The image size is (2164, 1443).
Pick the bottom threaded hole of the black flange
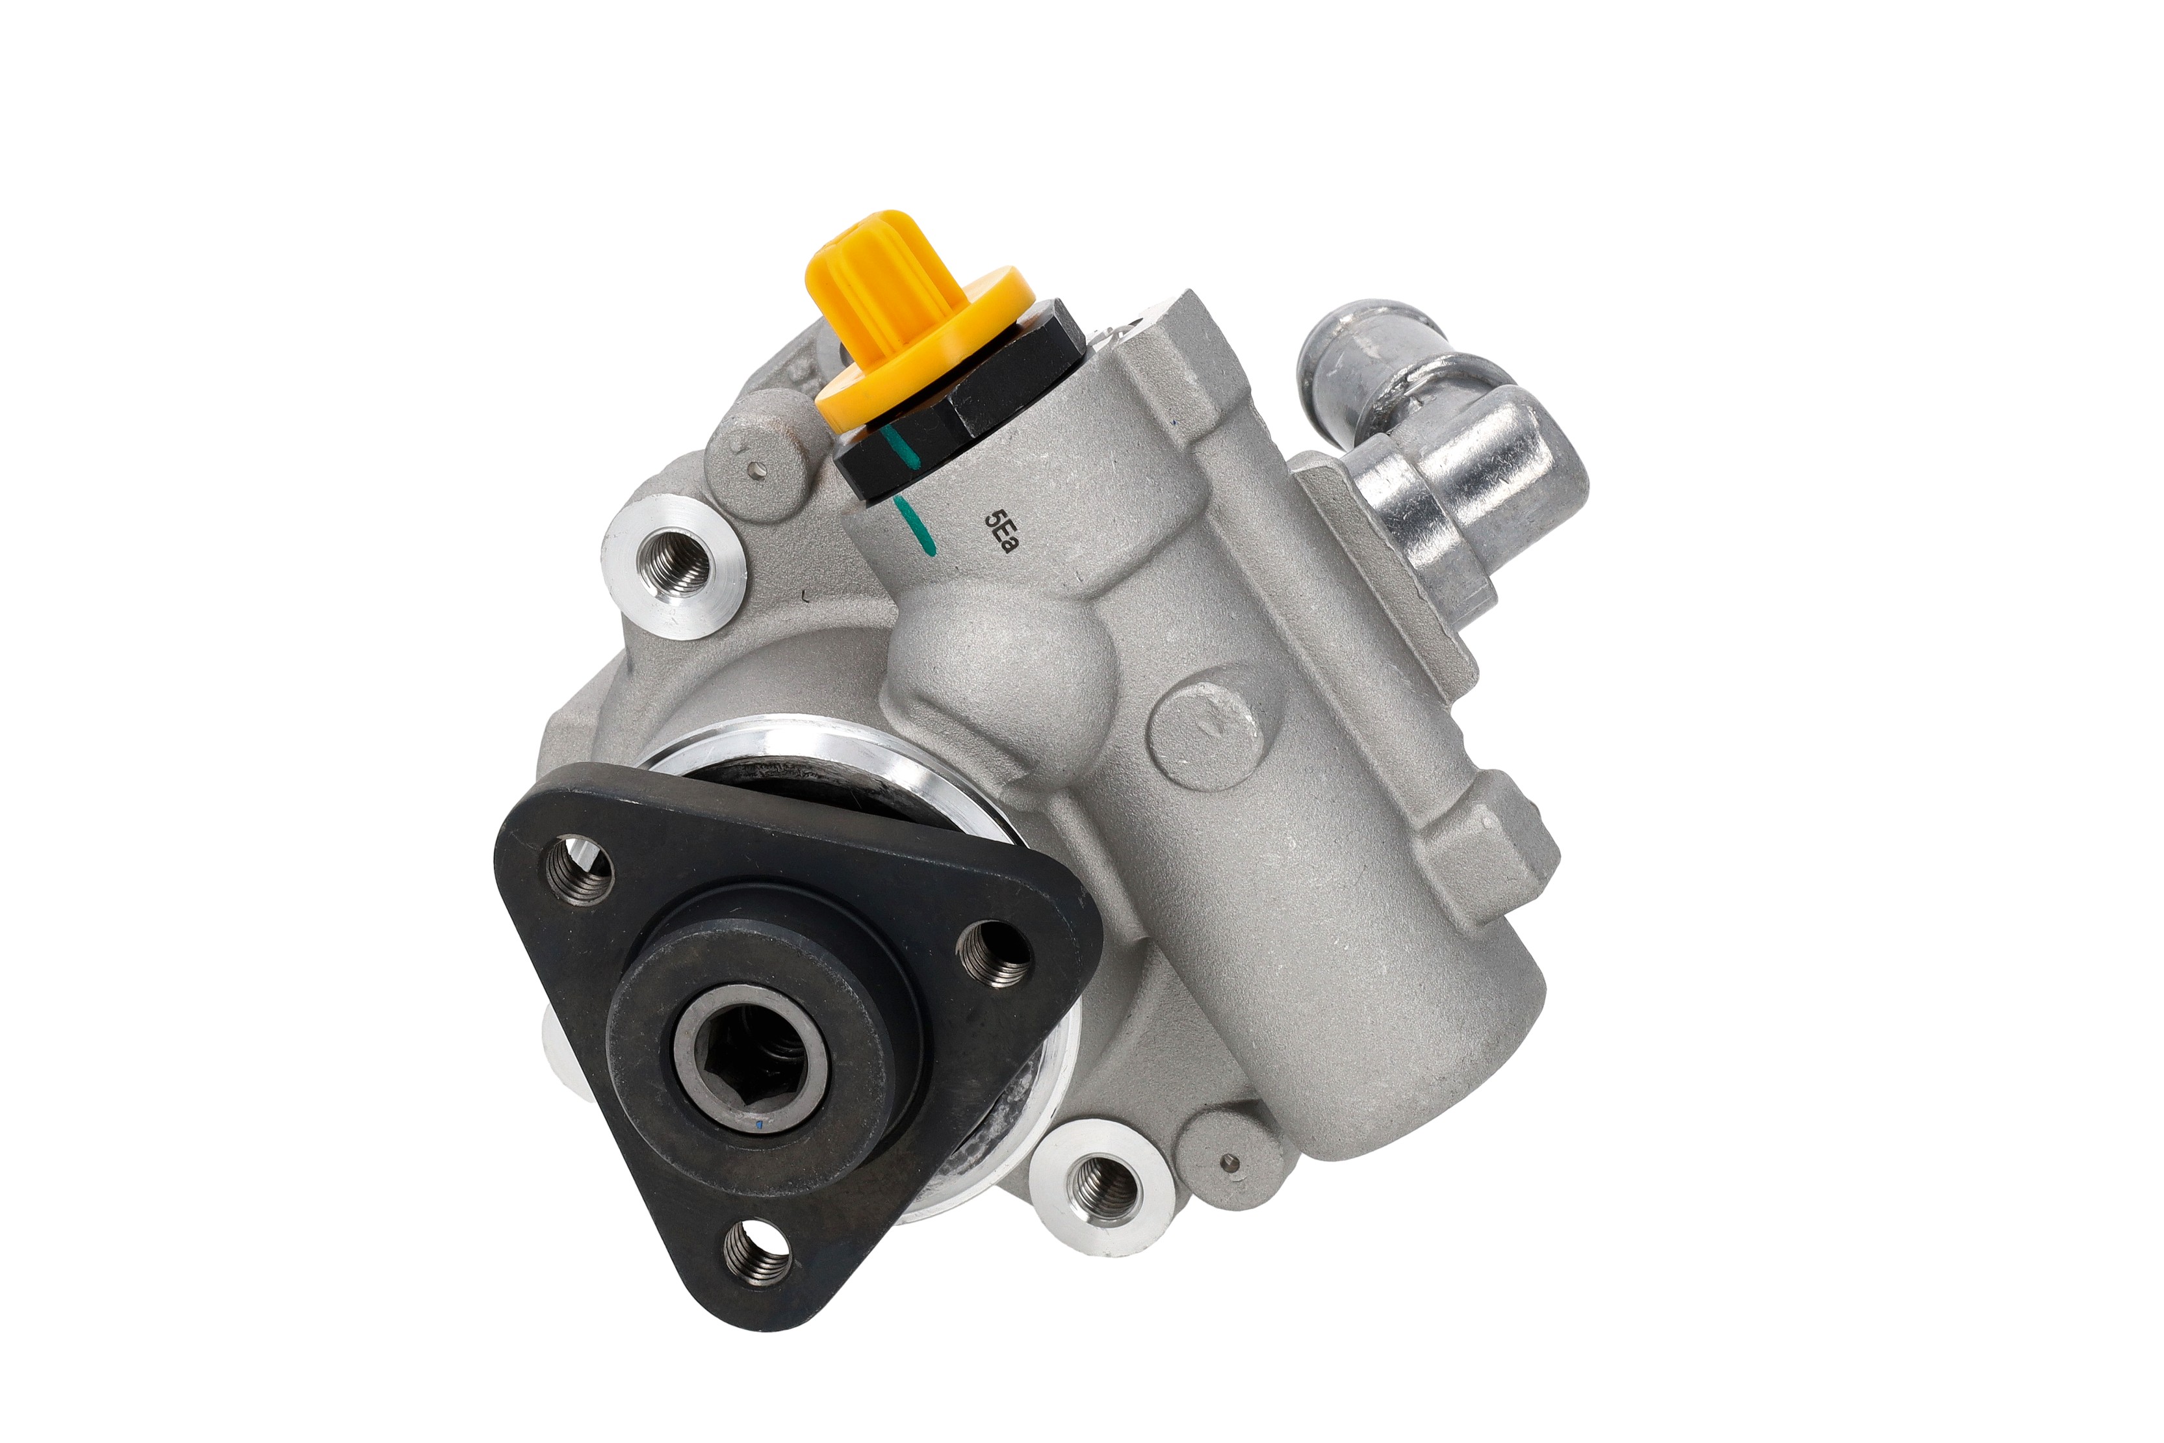757,1253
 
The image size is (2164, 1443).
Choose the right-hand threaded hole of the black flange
996,954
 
